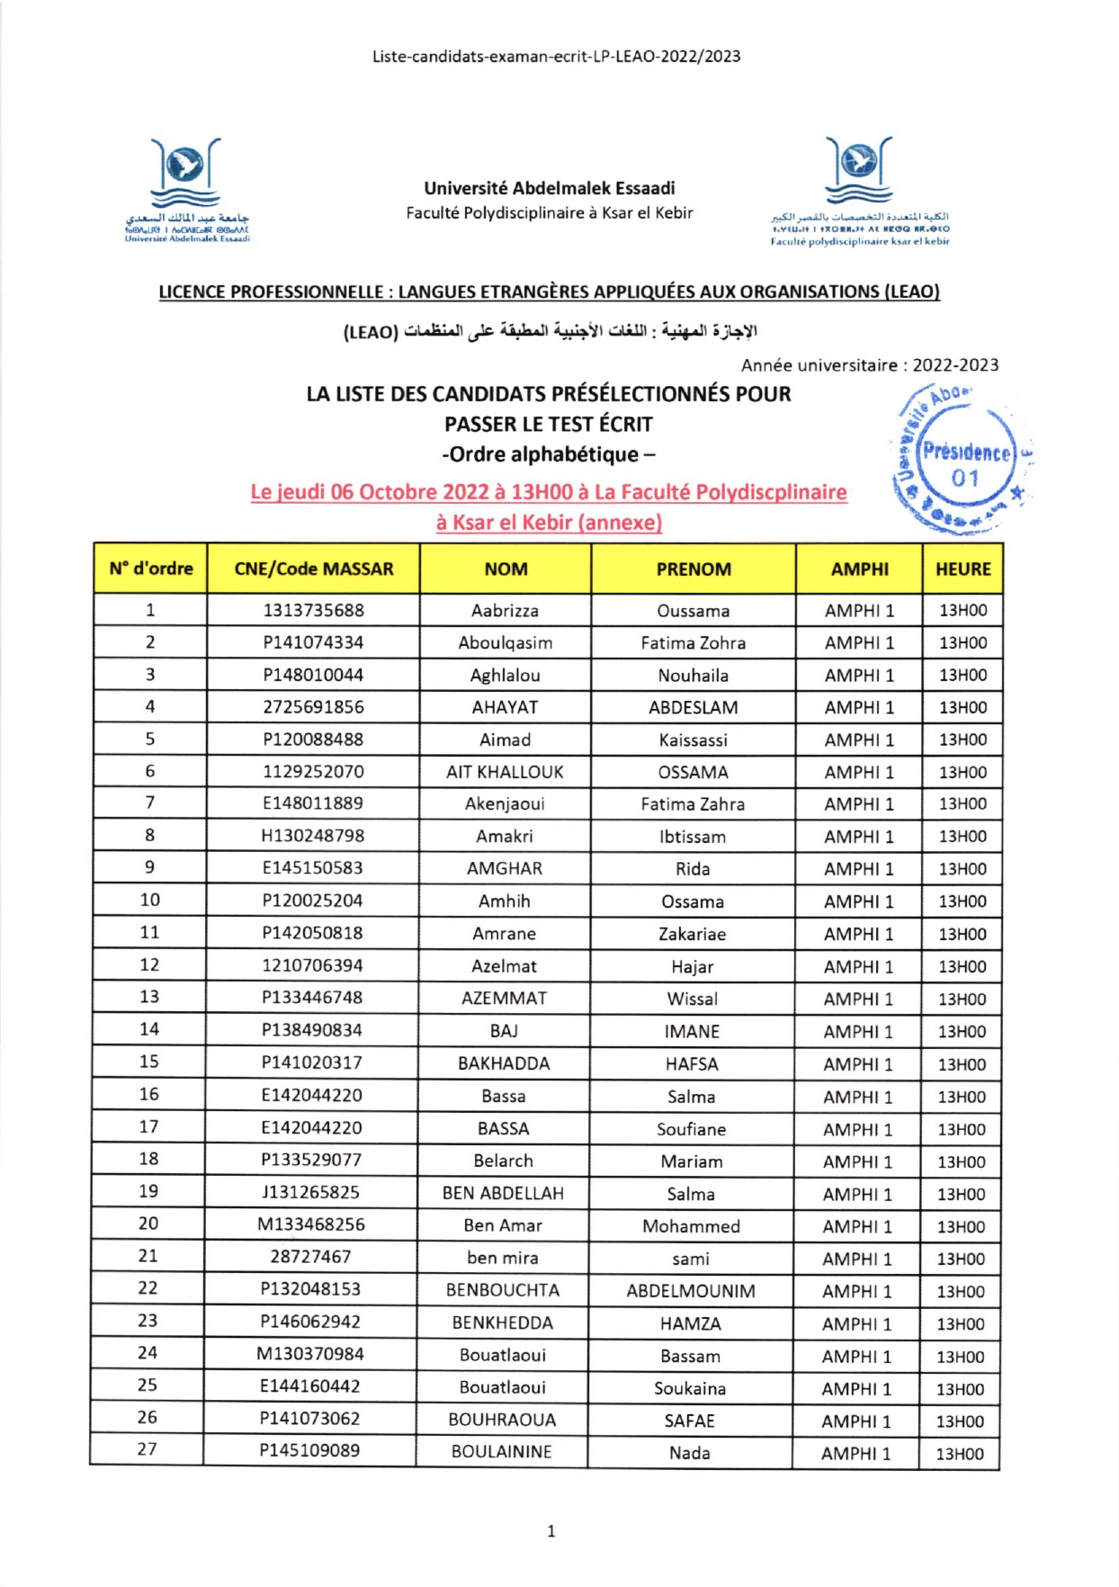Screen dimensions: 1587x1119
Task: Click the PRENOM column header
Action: pyautogui.click(x=694, y=569)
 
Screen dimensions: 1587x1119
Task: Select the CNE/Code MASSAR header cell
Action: pyautogui.click(x=313, y=569)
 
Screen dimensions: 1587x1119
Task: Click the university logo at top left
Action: pyautogui.click(x=187, y=189)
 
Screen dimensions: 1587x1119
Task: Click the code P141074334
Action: pyautogui.click(x=313, y=642)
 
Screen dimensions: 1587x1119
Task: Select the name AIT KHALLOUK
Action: pyautogui.click(x=505, y=772)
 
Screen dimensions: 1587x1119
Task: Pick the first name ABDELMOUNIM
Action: pyautogui.click(x=691, y=1291)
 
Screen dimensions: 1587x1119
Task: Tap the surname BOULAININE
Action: pyautogui.click(x=502, y=1451)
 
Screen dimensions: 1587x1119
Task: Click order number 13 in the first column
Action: pyautogui.click(x=149, y=997)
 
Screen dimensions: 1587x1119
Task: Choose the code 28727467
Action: pyautogui.click(x=310, y=1257)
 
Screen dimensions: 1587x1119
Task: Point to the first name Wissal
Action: pyautogui.click(x=693, y=999)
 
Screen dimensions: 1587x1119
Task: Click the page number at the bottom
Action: pyautogui.click(x=551, y=1531)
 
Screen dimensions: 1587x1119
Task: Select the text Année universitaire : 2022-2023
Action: pyautogui.click(x=869, y=365)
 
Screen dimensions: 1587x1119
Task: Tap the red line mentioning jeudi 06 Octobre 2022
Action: pyautogui.click(x=549, y=493)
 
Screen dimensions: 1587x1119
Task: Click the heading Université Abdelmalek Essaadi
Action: pyautogui.click(x=550, y=188)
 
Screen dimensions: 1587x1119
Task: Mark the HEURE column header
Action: pyautogui.click(x=962, y=569)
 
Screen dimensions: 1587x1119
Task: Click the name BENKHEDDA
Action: pyautogui.click(x=502, y=1322)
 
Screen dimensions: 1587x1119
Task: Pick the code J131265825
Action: pyautogui.click(x=310, y=1193)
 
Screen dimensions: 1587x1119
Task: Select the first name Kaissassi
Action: pyautogui.click(x=693, y=740)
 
